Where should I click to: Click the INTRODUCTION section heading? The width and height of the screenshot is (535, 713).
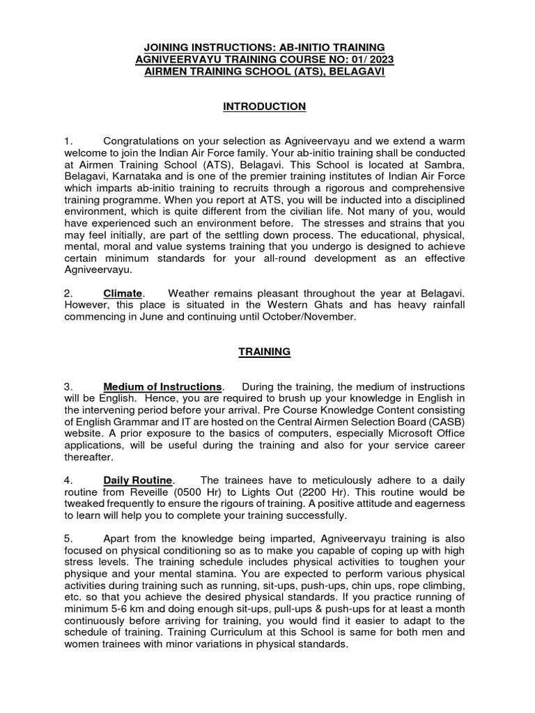pos(264,107)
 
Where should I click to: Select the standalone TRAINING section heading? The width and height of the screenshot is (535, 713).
pos(264,352)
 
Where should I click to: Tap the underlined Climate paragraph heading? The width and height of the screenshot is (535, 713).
pos(123,293)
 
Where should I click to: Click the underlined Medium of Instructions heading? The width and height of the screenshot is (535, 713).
pos(162,386)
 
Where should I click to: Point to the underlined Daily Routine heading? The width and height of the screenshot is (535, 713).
pos(138,480)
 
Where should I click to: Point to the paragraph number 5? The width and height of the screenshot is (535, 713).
pos(68,539)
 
